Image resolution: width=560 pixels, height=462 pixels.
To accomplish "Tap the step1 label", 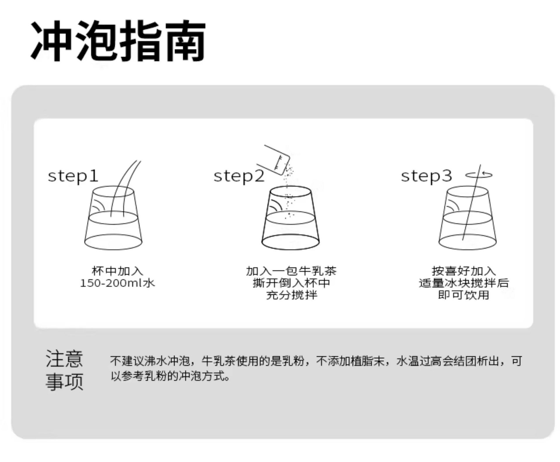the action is point(73,176).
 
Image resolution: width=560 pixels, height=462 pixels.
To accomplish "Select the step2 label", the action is point(239,176).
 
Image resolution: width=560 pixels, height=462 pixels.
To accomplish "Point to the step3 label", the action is point(426,176).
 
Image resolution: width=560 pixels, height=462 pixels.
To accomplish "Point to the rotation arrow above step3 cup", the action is point(479,175).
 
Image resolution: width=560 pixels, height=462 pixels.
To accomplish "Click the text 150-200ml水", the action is point(117,283).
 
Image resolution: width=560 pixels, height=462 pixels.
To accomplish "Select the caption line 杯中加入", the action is point(117,271).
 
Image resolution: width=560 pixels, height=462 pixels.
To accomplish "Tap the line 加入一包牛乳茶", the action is point(291,271).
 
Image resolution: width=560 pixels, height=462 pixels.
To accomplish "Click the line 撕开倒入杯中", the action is point(291,283).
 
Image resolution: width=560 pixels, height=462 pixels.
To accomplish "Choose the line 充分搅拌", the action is point(291,295).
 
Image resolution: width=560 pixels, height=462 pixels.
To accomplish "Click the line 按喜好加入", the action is point(464,271).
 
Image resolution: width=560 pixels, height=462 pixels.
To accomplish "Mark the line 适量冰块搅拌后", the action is point(464,283).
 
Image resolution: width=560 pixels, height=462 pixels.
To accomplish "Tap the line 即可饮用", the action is point(464,295).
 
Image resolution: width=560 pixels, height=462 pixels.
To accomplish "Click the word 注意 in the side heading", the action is point(64,359).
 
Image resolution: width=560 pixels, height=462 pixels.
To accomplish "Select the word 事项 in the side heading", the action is point(64,381).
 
